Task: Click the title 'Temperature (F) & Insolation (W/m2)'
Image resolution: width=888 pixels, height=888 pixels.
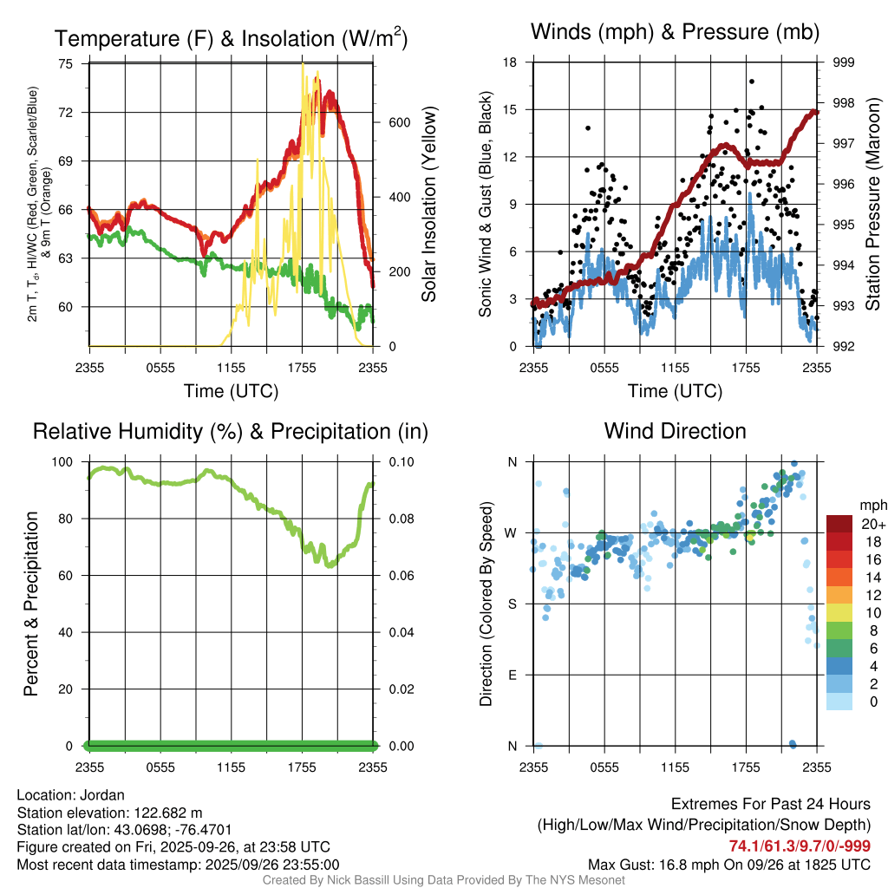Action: tap(231, 38)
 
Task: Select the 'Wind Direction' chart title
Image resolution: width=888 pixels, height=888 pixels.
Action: tap(675, 431)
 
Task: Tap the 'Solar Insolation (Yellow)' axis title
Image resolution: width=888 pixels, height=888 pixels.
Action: tap(429, 205)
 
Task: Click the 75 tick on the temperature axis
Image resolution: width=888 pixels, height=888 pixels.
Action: tap(66, 63)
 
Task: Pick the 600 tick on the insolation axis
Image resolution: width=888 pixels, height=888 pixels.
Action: tap(398, 122)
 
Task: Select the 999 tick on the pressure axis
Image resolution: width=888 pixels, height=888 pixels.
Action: tap(845, 62)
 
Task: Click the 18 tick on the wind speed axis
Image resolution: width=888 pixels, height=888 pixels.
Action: tap(510, 62)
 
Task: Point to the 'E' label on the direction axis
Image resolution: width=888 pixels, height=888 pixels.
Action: tap(512, 675)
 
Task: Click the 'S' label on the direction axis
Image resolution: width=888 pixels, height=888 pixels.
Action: tap(512, 604)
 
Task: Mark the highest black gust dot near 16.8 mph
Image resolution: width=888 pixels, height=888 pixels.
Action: tap(751, 82)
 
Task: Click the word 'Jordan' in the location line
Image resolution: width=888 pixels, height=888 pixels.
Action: tap(101, 795)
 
